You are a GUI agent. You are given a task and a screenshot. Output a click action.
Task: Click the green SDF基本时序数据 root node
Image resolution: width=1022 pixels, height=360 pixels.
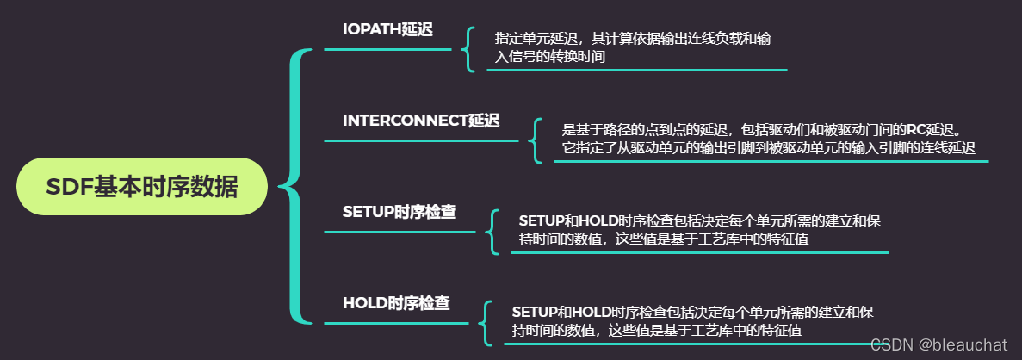click(142, 186)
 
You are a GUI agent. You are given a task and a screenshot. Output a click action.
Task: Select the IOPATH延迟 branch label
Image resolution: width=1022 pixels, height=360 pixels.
click(387, 29)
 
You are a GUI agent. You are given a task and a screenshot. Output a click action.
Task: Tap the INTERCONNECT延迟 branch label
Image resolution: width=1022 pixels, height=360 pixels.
click(420, 121)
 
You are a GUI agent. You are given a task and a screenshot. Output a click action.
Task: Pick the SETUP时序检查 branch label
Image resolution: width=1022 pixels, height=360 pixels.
click(399, 212)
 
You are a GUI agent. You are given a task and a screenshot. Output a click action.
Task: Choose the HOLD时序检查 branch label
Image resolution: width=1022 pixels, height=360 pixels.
click(395, 303)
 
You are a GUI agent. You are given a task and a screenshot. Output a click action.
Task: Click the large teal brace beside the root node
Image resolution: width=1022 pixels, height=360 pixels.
click(296, 186)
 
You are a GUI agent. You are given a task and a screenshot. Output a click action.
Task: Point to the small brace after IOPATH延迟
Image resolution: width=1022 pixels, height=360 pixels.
click(468, 48)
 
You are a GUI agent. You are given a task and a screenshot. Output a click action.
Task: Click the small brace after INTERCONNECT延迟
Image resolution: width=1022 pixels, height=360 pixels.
click(535, 140)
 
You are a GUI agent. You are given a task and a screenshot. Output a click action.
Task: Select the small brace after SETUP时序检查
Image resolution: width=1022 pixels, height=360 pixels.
click(492, 231)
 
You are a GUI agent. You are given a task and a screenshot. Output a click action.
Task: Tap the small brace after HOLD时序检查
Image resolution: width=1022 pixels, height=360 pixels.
click(485, 322)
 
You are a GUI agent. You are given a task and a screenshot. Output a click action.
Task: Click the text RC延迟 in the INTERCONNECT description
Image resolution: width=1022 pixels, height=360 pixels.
click(932, 129)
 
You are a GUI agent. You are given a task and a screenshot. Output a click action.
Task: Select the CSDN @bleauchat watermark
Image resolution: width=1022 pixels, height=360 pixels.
click(938, 344)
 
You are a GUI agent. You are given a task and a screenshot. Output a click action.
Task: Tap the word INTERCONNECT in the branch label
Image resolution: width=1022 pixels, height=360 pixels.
click(404, 121)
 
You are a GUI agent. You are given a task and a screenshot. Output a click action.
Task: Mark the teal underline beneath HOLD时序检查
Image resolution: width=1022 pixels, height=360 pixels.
click(396, 323)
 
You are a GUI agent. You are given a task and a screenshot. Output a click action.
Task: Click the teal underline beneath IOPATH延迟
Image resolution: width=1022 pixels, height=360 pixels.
click(387, 49)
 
